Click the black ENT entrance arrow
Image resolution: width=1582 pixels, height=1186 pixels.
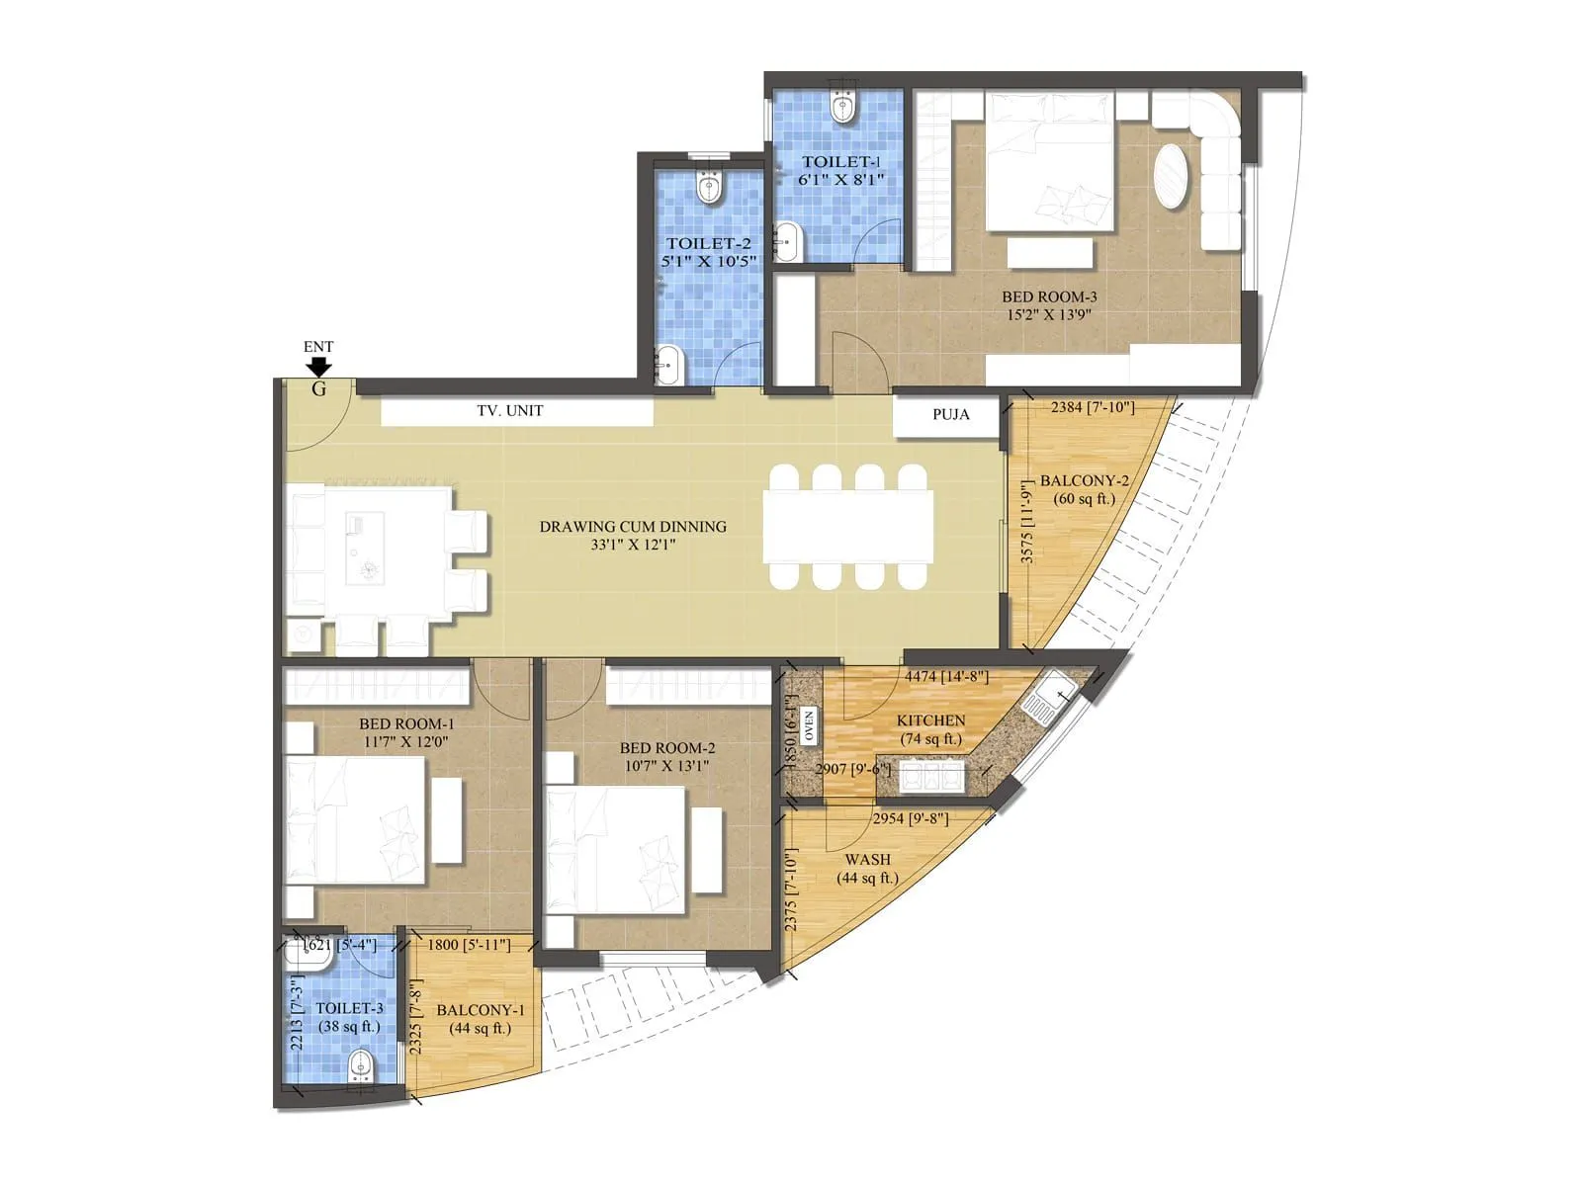(x=318, y=367)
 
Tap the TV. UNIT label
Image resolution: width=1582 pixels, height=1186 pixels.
(x=510, y=410)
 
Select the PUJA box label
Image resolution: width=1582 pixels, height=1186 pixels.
(x=950, y=414)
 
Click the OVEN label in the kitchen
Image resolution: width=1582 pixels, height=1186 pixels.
(x=809, y=725)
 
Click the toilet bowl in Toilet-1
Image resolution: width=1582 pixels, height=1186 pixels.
(x=843, y=107)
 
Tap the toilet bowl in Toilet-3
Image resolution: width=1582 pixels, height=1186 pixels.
(x=361, y=1066)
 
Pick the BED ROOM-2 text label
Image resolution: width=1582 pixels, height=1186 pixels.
(x=667, y=748)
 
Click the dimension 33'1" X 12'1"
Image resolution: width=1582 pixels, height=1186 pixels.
(x=633, y=545)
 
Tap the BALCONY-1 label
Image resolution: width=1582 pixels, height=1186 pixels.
(x=481, y=1010)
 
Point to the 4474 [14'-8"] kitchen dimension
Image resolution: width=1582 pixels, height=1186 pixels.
(x=946, y=677)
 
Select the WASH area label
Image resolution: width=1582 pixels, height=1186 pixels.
(x=867, y=860)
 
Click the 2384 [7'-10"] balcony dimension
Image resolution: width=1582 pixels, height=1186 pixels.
(x=1093, y=407)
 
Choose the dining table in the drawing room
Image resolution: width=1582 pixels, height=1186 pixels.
(x=848, y=528)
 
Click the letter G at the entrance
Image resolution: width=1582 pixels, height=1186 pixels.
(x=318, y=389)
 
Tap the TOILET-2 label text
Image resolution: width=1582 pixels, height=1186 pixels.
(x=708, y=243)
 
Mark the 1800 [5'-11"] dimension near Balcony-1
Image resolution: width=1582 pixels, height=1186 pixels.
(x=469, y=945)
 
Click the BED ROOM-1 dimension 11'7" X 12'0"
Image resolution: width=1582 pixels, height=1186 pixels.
(x=406, y=741)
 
